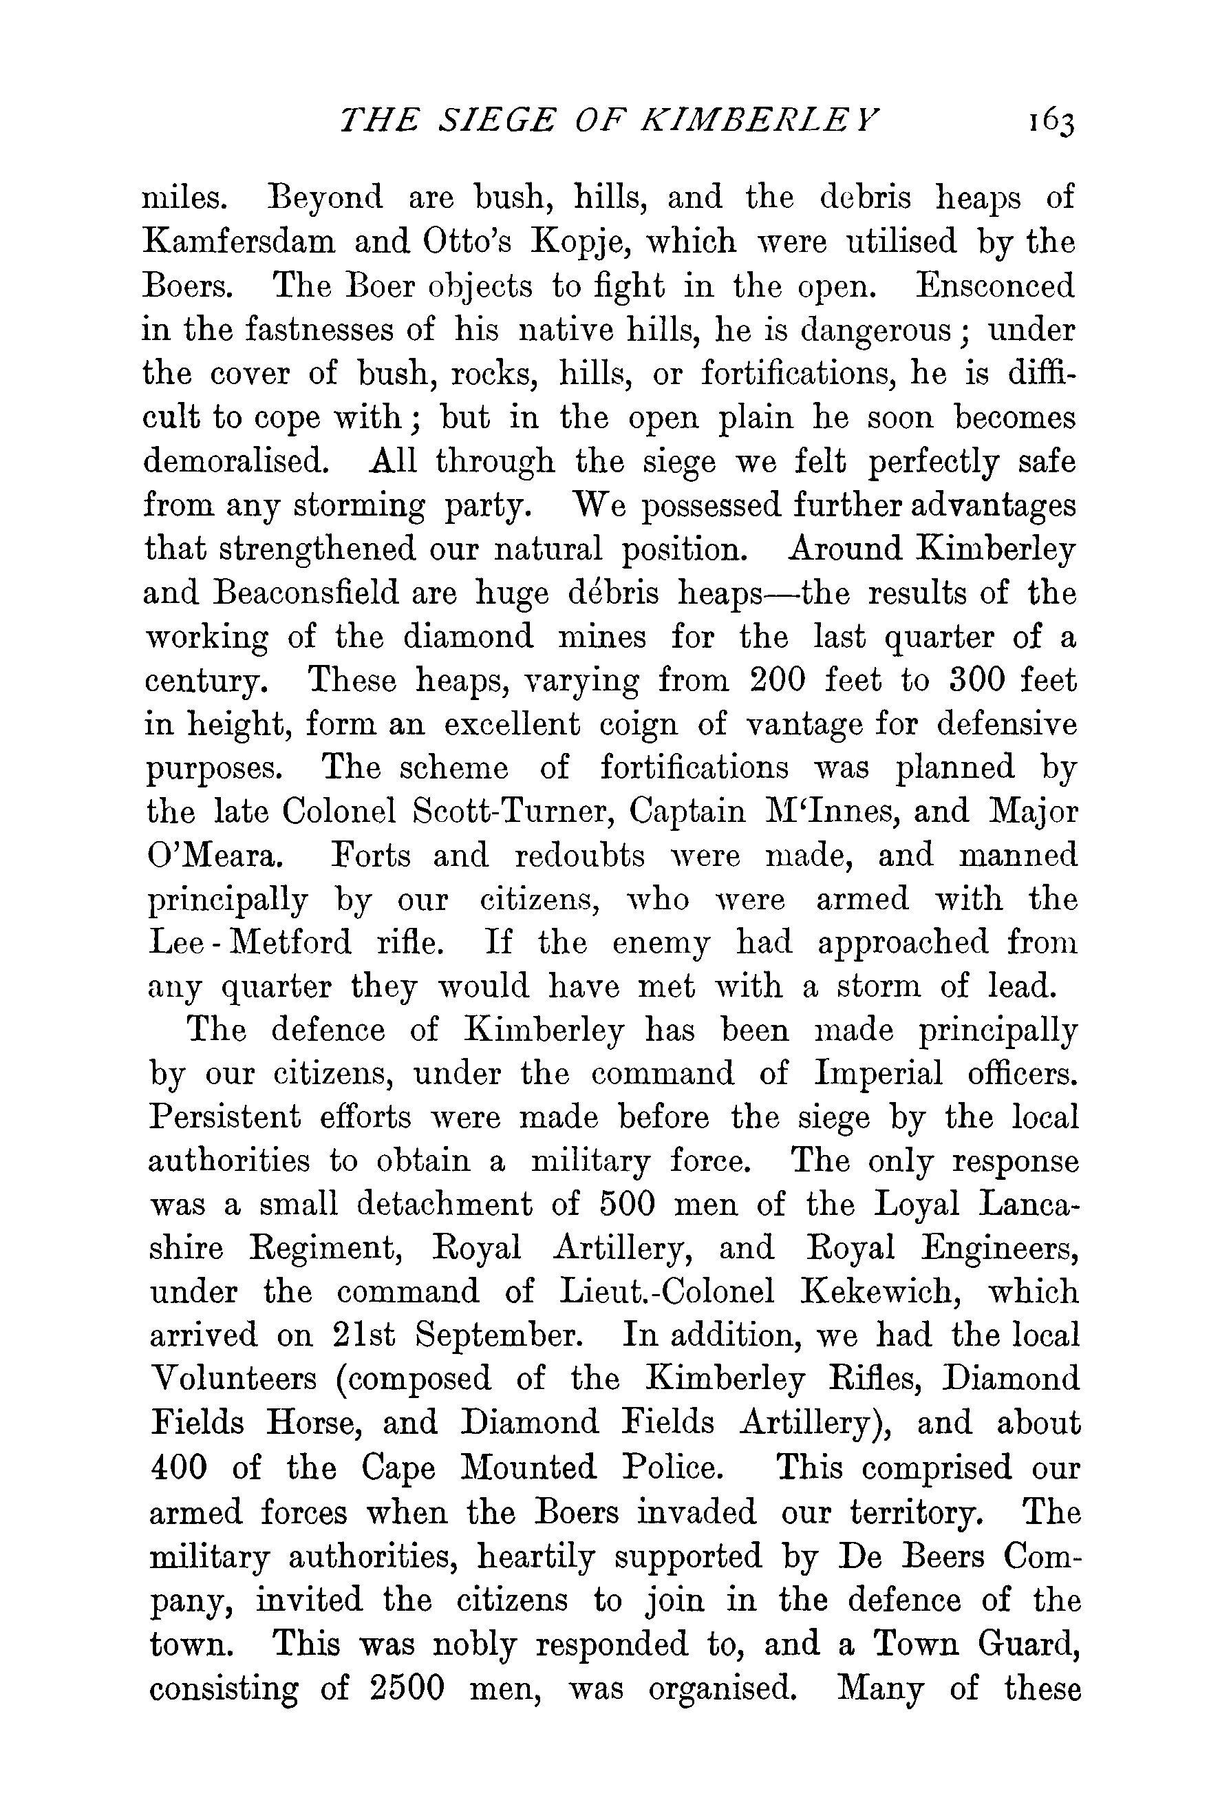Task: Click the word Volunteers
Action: click(233, 1379)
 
